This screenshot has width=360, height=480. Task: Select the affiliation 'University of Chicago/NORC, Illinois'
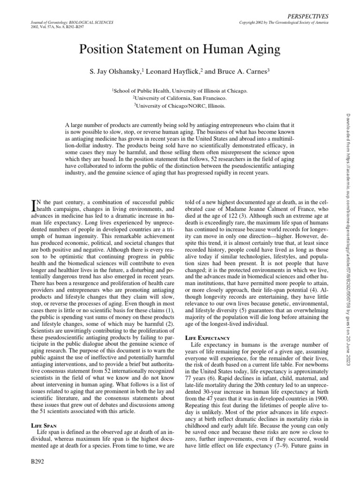[180, 106]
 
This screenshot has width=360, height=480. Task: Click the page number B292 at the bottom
[37, 462]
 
